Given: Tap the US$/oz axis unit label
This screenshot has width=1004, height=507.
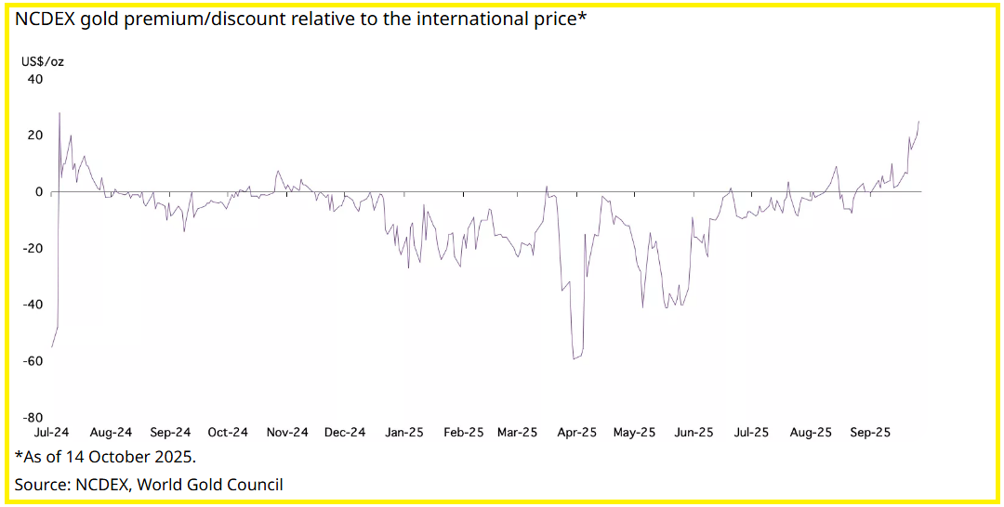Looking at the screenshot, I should (x=43, y=61).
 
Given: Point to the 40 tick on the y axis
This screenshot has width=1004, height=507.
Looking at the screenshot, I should (x=35, y=79).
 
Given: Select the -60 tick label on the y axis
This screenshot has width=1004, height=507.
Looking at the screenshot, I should (x=33, y=360).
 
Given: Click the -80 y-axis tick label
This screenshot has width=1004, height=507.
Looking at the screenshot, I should (x=33, y=417).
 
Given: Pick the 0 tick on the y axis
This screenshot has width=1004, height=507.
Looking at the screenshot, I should (x=39, y=191).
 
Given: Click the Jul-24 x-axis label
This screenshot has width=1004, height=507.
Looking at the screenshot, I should (x=52, y=433).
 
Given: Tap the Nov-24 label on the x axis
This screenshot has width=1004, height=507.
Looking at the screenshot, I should (x=287, y=433).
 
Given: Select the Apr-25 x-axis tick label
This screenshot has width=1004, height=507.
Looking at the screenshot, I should (x=576, y=433).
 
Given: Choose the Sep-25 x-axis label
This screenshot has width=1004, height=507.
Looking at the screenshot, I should (x=870, y=433).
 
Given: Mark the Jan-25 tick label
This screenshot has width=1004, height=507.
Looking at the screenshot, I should (x=404, y=433).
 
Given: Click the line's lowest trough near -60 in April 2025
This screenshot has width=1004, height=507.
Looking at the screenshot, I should (x=575, y=358).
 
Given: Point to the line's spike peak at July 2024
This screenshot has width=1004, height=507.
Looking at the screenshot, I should (x=59, y=113).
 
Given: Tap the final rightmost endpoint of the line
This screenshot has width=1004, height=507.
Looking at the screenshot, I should (x=919, y=121).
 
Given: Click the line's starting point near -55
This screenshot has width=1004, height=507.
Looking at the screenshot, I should (x=52, y=346).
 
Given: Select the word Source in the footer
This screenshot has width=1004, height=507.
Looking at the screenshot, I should (x=41, y=484).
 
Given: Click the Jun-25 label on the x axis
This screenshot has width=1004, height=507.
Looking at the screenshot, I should (x=694, y=433).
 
